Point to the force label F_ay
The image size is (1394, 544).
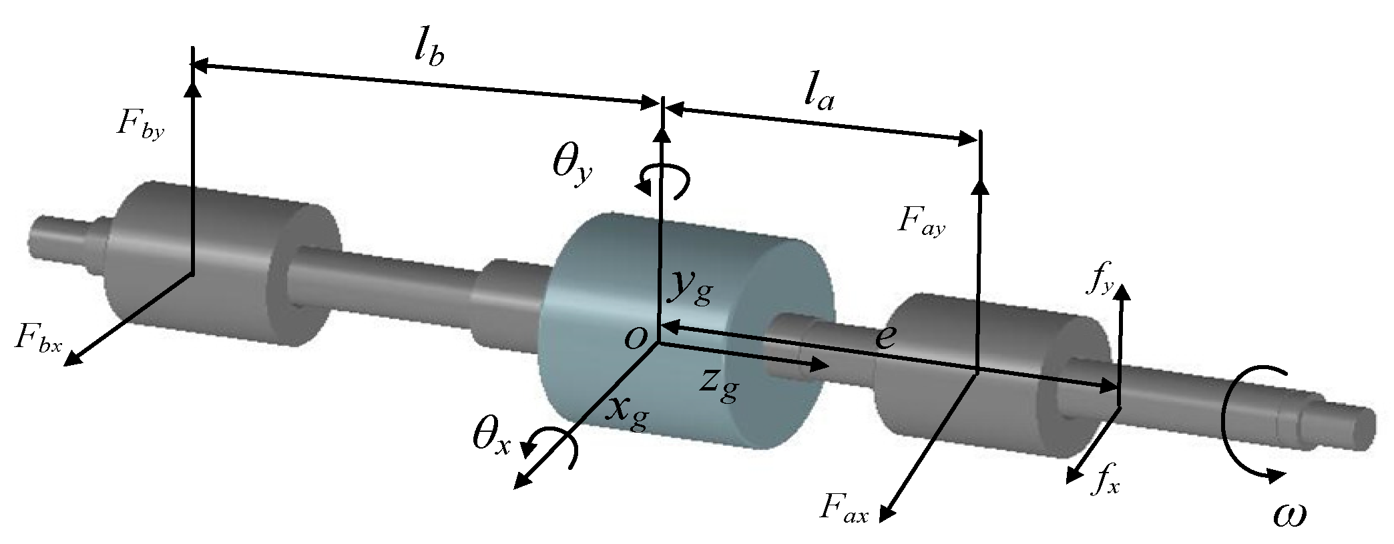tap(921, 222)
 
